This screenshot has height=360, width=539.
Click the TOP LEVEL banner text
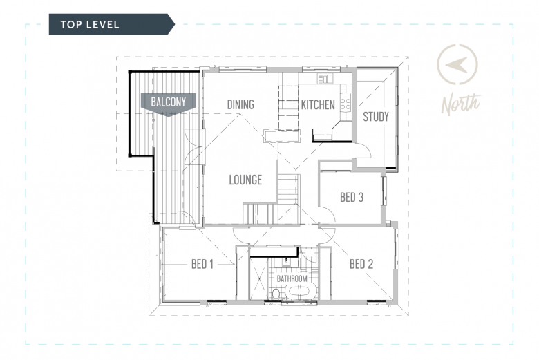pos(90,24)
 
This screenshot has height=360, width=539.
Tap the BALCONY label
pos(169,102)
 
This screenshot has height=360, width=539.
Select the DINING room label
pos(240,104)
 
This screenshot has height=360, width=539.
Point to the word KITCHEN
pos(318,105)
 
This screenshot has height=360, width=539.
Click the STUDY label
pos(376,117)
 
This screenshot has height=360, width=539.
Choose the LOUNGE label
pos(245,180)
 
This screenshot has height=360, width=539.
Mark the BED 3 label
pos(352,198)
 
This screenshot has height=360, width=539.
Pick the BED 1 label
pos(202,265)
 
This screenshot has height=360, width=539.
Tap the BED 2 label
pos(361,265)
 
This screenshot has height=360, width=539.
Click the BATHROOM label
pos(292,278)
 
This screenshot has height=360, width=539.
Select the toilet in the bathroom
pos(276,293)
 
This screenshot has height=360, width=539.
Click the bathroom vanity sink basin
pos(286,263)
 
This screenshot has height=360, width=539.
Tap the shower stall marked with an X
pos(258,278)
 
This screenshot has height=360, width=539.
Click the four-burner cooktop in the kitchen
pos(346,104)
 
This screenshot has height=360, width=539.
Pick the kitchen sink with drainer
pos(325,79)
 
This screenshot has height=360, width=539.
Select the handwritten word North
pos(461,104)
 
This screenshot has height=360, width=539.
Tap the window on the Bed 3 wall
pos(384,191)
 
